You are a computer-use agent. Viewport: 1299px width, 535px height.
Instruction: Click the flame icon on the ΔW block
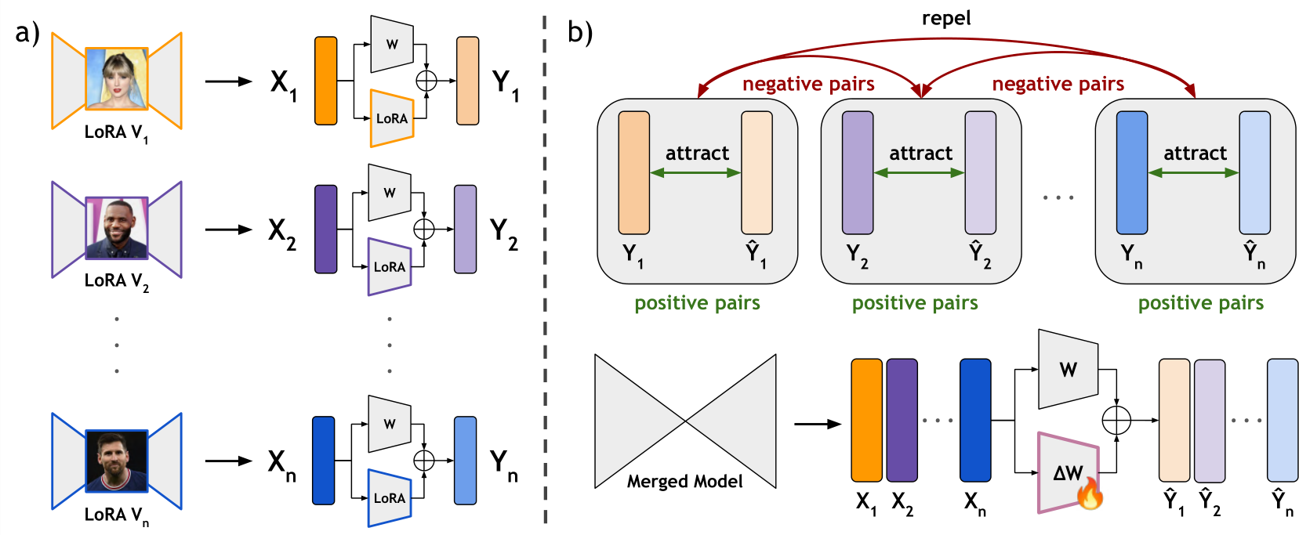click(x=1090, y=493)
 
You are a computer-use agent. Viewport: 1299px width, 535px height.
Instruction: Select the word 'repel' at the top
click(x=946, y=19)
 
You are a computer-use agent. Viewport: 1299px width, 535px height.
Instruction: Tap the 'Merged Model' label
click(x=684, y=481)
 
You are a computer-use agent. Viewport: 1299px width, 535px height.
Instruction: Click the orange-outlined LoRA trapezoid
click(x=392, y=118)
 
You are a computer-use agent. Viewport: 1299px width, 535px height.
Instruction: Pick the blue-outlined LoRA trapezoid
click(x=389, y=498)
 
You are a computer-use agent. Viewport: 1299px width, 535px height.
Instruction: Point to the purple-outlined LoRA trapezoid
click(x=389, y=266)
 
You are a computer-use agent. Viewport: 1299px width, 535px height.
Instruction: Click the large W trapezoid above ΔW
click(x=1068, y=369)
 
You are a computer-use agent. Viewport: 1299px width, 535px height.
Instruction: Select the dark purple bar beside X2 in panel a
click(x=325, y=229)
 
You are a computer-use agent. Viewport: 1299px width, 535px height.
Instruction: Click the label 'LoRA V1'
click(x=117, y=133)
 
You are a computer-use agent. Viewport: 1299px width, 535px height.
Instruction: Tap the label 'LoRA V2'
click(x=117, y=282)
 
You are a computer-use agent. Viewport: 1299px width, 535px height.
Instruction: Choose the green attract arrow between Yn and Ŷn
click(x=1193, y=173)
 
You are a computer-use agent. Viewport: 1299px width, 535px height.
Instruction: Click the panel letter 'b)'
click(x=580, y=32)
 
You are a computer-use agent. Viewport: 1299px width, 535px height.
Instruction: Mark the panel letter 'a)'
click(x=27, y=32)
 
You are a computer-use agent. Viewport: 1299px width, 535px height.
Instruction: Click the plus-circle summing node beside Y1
click(x=426, y=81)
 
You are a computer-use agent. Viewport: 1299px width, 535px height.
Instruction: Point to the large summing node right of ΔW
click(x=1116, y=420)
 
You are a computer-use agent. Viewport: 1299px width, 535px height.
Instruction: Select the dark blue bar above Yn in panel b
click(x=1132, y=173)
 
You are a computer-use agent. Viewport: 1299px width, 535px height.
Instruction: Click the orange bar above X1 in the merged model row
click(x=866, y=420)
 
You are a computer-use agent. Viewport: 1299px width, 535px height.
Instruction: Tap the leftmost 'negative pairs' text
click(x=808, y=84)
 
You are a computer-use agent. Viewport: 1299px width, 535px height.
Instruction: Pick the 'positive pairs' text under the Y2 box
click(x=915, y=303)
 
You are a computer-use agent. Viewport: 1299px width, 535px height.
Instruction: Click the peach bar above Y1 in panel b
click(x=634, y=173)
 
